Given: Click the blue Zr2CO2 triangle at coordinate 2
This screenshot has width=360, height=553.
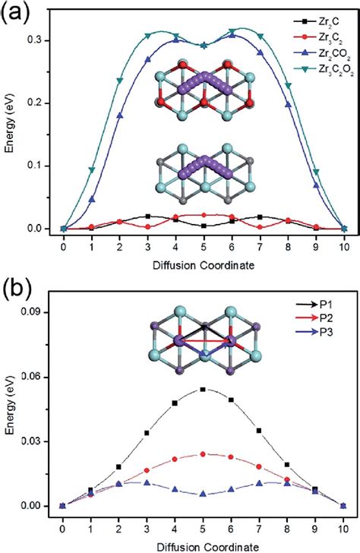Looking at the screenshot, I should click(119, 115).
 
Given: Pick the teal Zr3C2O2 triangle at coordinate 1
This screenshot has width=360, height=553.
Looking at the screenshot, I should click(92, 170).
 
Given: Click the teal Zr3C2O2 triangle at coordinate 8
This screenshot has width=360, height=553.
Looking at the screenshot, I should click(288, 107).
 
